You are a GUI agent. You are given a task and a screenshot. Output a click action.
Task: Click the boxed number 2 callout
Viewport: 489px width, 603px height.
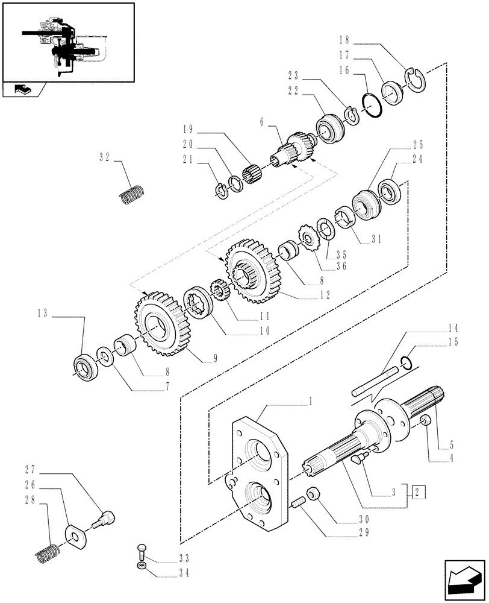click(419, 491)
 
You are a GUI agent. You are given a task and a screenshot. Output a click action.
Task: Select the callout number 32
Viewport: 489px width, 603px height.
click(105, 159)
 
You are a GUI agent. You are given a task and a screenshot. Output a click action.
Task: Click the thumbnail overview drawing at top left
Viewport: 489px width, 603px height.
click(67, 42)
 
